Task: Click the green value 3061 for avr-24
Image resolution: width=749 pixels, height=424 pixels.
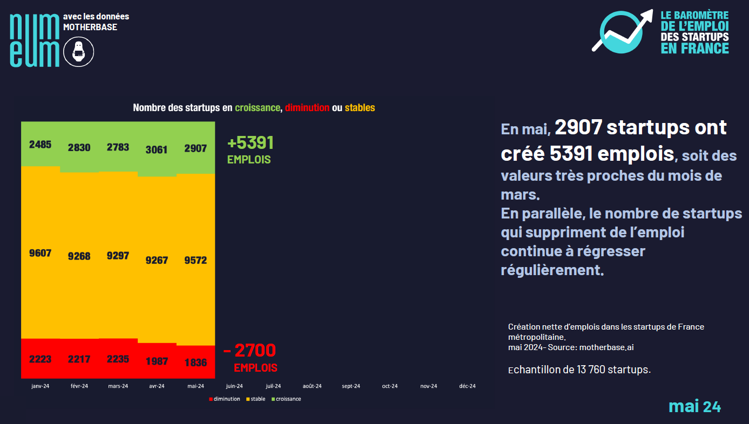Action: tap(157, 149)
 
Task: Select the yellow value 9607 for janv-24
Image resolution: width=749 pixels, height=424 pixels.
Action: tap(40, 252)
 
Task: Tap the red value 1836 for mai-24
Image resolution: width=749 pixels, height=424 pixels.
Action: tap(195, 363)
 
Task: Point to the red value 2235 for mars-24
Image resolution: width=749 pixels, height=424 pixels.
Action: tap(118, 359)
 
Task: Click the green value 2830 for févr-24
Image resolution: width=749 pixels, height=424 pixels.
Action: tap(79, 148)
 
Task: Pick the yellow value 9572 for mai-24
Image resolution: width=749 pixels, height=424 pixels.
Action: tap(195, 260)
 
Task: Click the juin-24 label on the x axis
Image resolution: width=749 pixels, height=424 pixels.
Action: tap(234, 386)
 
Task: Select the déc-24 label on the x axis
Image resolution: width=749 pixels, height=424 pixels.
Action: tap(467, 386)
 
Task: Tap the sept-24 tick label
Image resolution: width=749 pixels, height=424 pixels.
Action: tap(351, 386)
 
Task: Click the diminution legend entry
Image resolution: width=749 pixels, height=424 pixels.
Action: tap(226, 399)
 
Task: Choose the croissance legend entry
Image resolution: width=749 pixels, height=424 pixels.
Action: tap(288, 399)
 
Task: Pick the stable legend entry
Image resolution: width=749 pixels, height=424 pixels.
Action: tap(258, 399)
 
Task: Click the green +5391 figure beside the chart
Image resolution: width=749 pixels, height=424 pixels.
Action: tap(251, 143)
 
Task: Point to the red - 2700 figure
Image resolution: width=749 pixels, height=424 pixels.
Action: tap(249, 351)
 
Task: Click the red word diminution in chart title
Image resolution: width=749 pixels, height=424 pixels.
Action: tap(307, 108)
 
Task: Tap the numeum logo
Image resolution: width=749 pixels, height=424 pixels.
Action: tap(35, 40)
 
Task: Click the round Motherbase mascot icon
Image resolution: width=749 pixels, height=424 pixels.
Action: tap(79, 52)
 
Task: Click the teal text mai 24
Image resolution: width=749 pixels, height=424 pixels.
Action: tap(694, 406)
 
